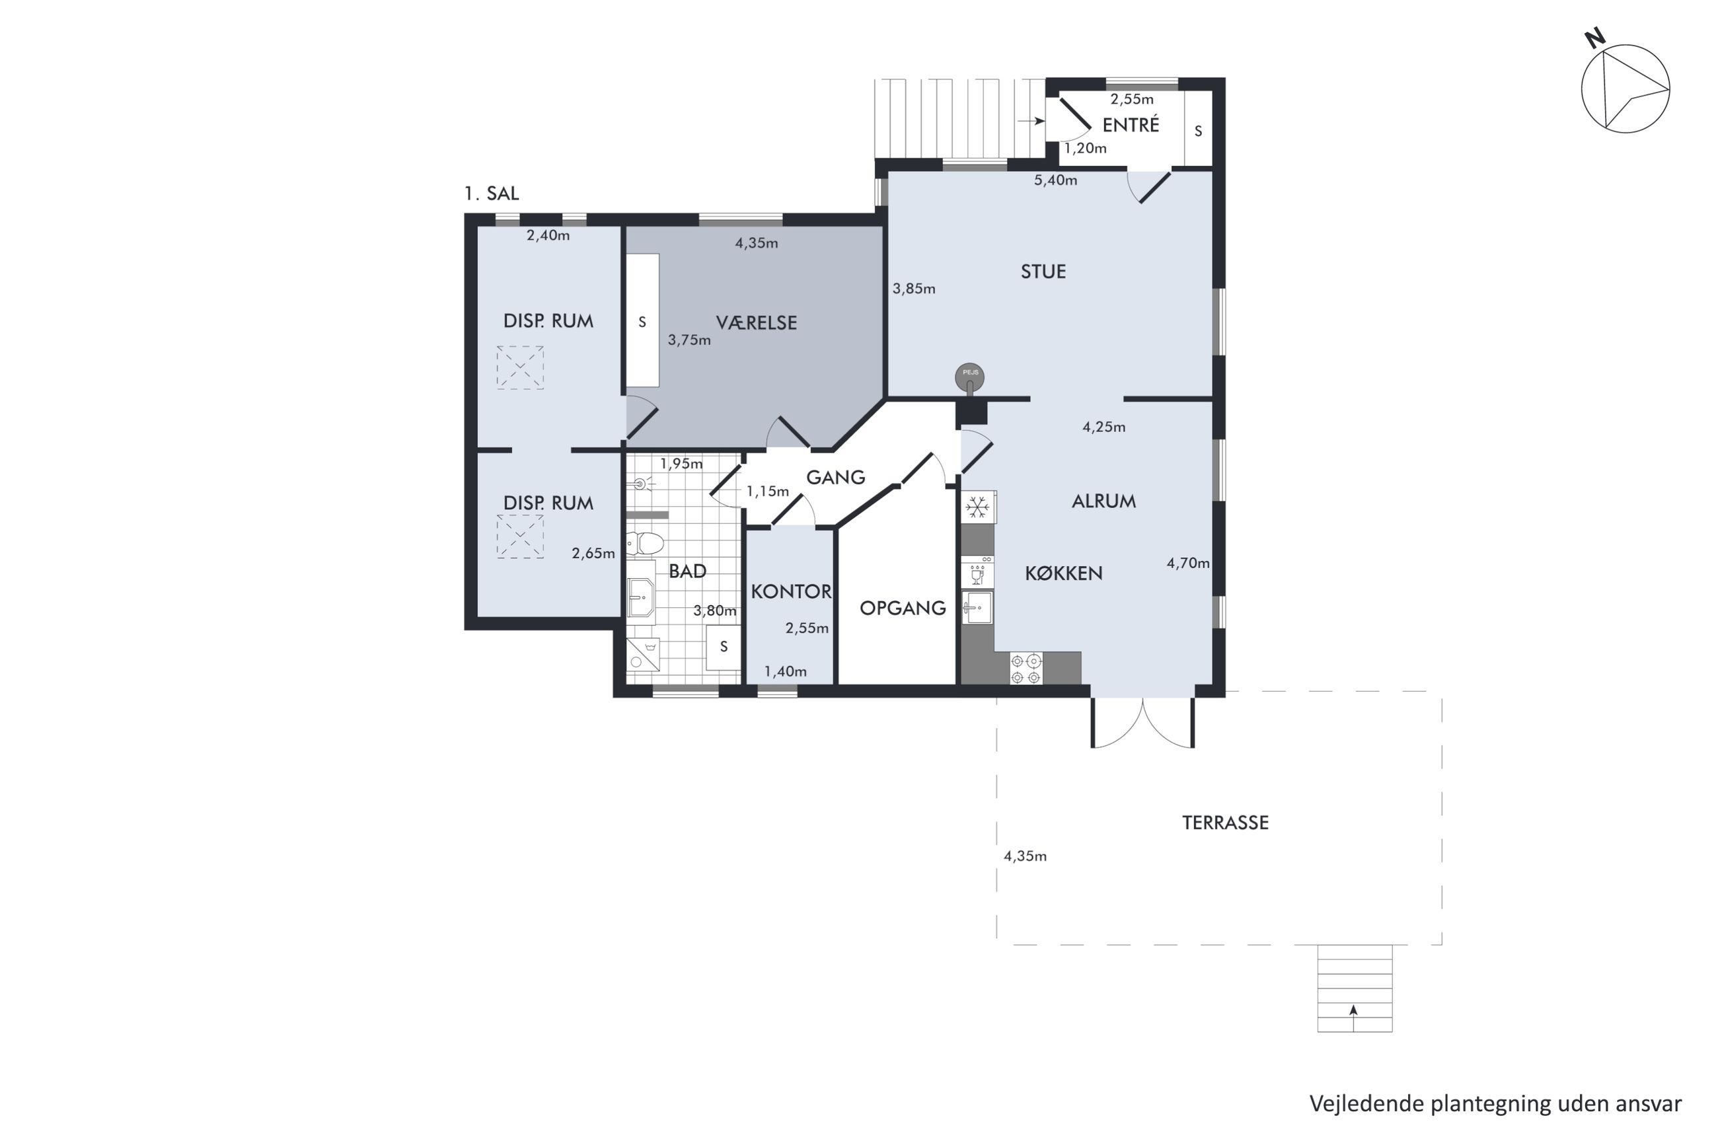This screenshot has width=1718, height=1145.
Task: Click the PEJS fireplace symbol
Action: [969, 377]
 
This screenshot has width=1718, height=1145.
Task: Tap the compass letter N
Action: [1595, 38]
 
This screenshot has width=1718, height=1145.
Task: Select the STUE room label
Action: [1043, 272]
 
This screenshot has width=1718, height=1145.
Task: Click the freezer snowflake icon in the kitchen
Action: [977, 507]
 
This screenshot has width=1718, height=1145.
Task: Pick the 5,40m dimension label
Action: [1055, 180]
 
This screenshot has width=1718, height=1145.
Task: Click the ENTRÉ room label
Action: [1130, 125]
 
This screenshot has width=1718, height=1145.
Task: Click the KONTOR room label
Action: [791, 591]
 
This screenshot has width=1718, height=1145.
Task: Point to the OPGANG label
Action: [903, 608]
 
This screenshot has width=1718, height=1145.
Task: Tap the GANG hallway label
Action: [835, 477]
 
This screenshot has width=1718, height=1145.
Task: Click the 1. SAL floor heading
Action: [492, 194]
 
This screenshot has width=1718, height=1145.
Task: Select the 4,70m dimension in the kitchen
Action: [1188, 563]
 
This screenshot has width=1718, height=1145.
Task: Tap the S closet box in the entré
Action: [1198, 131]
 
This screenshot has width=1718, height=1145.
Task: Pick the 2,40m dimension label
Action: [548, 235]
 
